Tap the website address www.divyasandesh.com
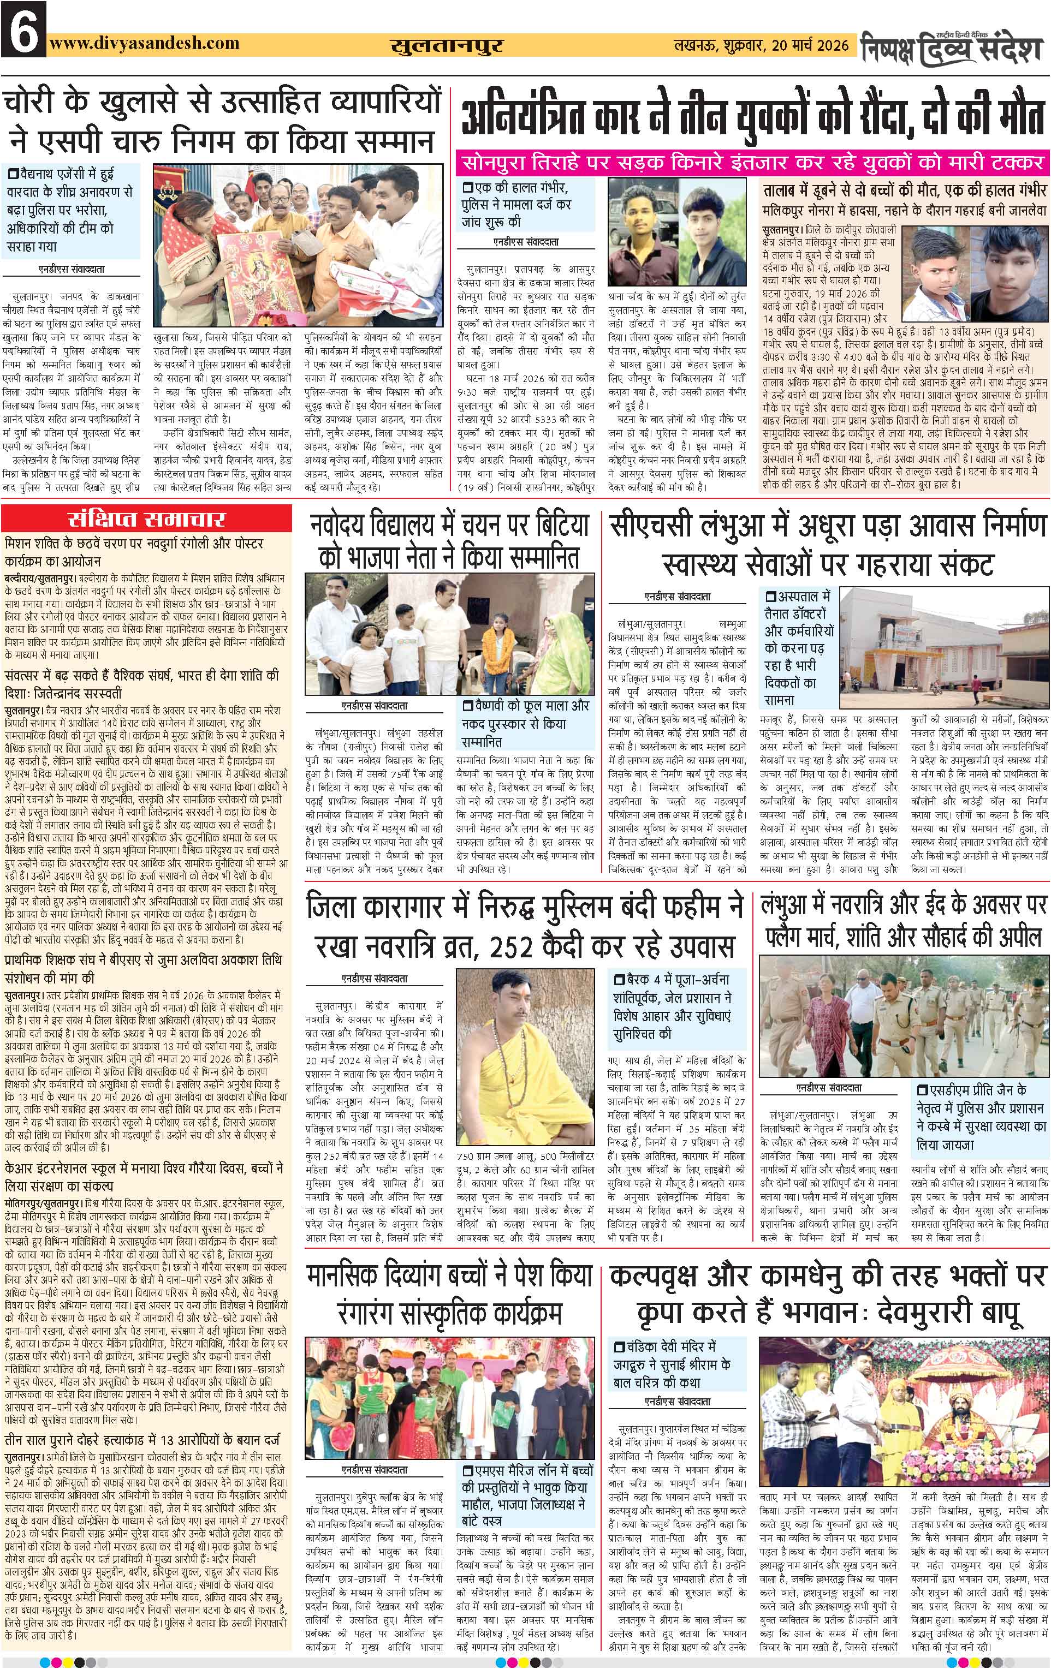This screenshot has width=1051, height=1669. (x=144, y=43)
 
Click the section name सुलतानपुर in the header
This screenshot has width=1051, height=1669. (x=447, y=46)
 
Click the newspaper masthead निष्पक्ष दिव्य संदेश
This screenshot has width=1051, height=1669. (x=953, y=47)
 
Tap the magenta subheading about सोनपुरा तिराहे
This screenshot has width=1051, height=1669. (x=752, y=163)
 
